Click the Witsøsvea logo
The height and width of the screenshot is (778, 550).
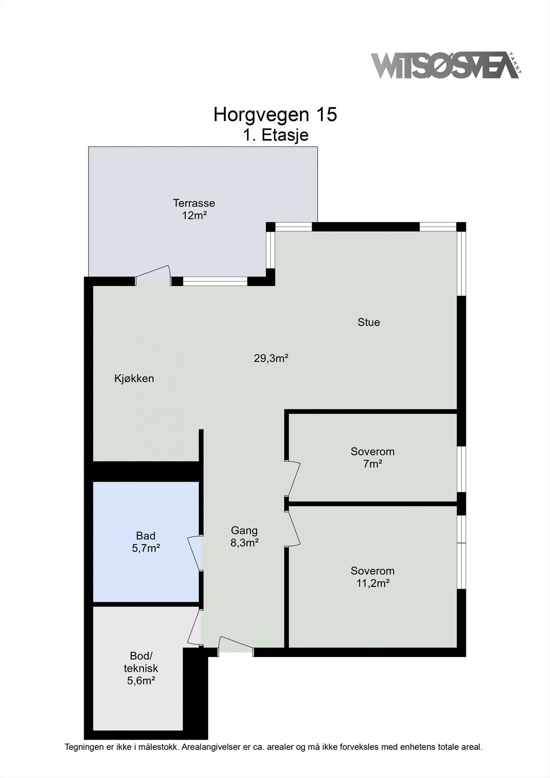pos(444,66)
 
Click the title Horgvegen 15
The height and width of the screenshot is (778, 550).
pos(275,115)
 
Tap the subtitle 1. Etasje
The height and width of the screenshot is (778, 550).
pos(276,135)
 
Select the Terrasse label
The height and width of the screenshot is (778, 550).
pos(194,203)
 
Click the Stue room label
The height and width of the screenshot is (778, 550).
pos(369,322)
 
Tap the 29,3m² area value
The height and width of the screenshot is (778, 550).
pos(271,359)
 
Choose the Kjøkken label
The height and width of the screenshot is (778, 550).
pos(134,378)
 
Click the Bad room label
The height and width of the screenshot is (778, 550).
pos(146,536)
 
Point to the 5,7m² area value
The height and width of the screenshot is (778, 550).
pos(146,548)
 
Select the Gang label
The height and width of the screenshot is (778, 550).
pos(244,530)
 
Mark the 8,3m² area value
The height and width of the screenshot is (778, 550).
pos(244,543)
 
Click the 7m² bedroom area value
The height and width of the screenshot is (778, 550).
pos(373,464)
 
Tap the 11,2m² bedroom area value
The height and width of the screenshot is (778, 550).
pos(373,583)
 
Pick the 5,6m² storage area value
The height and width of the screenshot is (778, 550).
pos(141,681)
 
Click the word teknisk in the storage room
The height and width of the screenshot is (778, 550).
pos(141,668)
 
